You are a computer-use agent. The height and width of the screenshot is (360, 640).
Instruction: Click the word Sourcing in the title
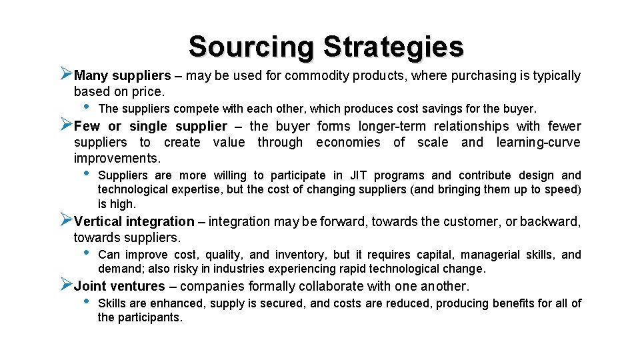pyautogui.click(x=251, y=47)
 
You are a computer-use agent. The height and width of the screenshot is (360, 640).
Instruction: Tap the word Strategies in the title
pyautogui.click(x=393, y=47)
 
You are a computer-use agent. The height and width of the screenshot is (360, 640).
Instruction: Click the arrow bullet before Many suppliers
pyautogui.click(x=65, y=74)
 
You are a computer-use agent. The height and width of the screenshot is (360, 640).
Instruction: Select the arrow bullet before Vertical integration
pyautogui.click(x=65, y=220)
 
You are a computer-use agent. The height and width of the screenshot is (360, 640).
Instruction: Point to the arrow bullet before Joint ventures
pyautogui.click(x=65, y=285)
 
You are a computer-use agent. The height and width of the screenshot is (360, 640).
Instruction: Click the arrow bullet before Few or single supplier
pyautogui.click(x=65, y=125)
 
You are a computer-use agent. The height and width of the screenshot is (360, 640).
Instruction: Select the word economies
pyautogui.click(x=348, y=142)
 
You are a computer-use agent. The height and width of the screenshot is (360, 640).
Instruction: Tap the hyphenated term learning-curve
pyautogui.click(x=538, y=142)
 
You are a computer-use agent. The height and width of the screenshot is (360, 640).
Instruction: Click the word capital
pyautogui.click(x=435, y=255)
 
